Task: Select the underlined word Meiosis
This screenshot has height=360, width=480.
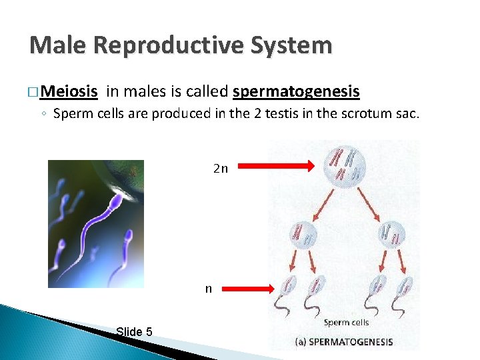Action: click(74, 91)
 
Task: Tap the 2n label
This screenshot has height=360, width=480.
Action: click(221, 169)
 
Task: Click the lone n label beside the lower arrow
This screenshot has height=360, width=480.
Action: click(209, 289)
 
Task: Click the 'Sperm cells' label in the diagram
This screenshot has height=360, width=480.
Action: click(346, 323)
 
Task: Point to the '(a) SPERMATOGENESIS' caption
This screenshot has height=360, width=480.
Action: click(344, 342)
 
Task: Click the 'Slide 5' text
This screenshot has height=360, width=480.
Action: click(133, 331)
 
